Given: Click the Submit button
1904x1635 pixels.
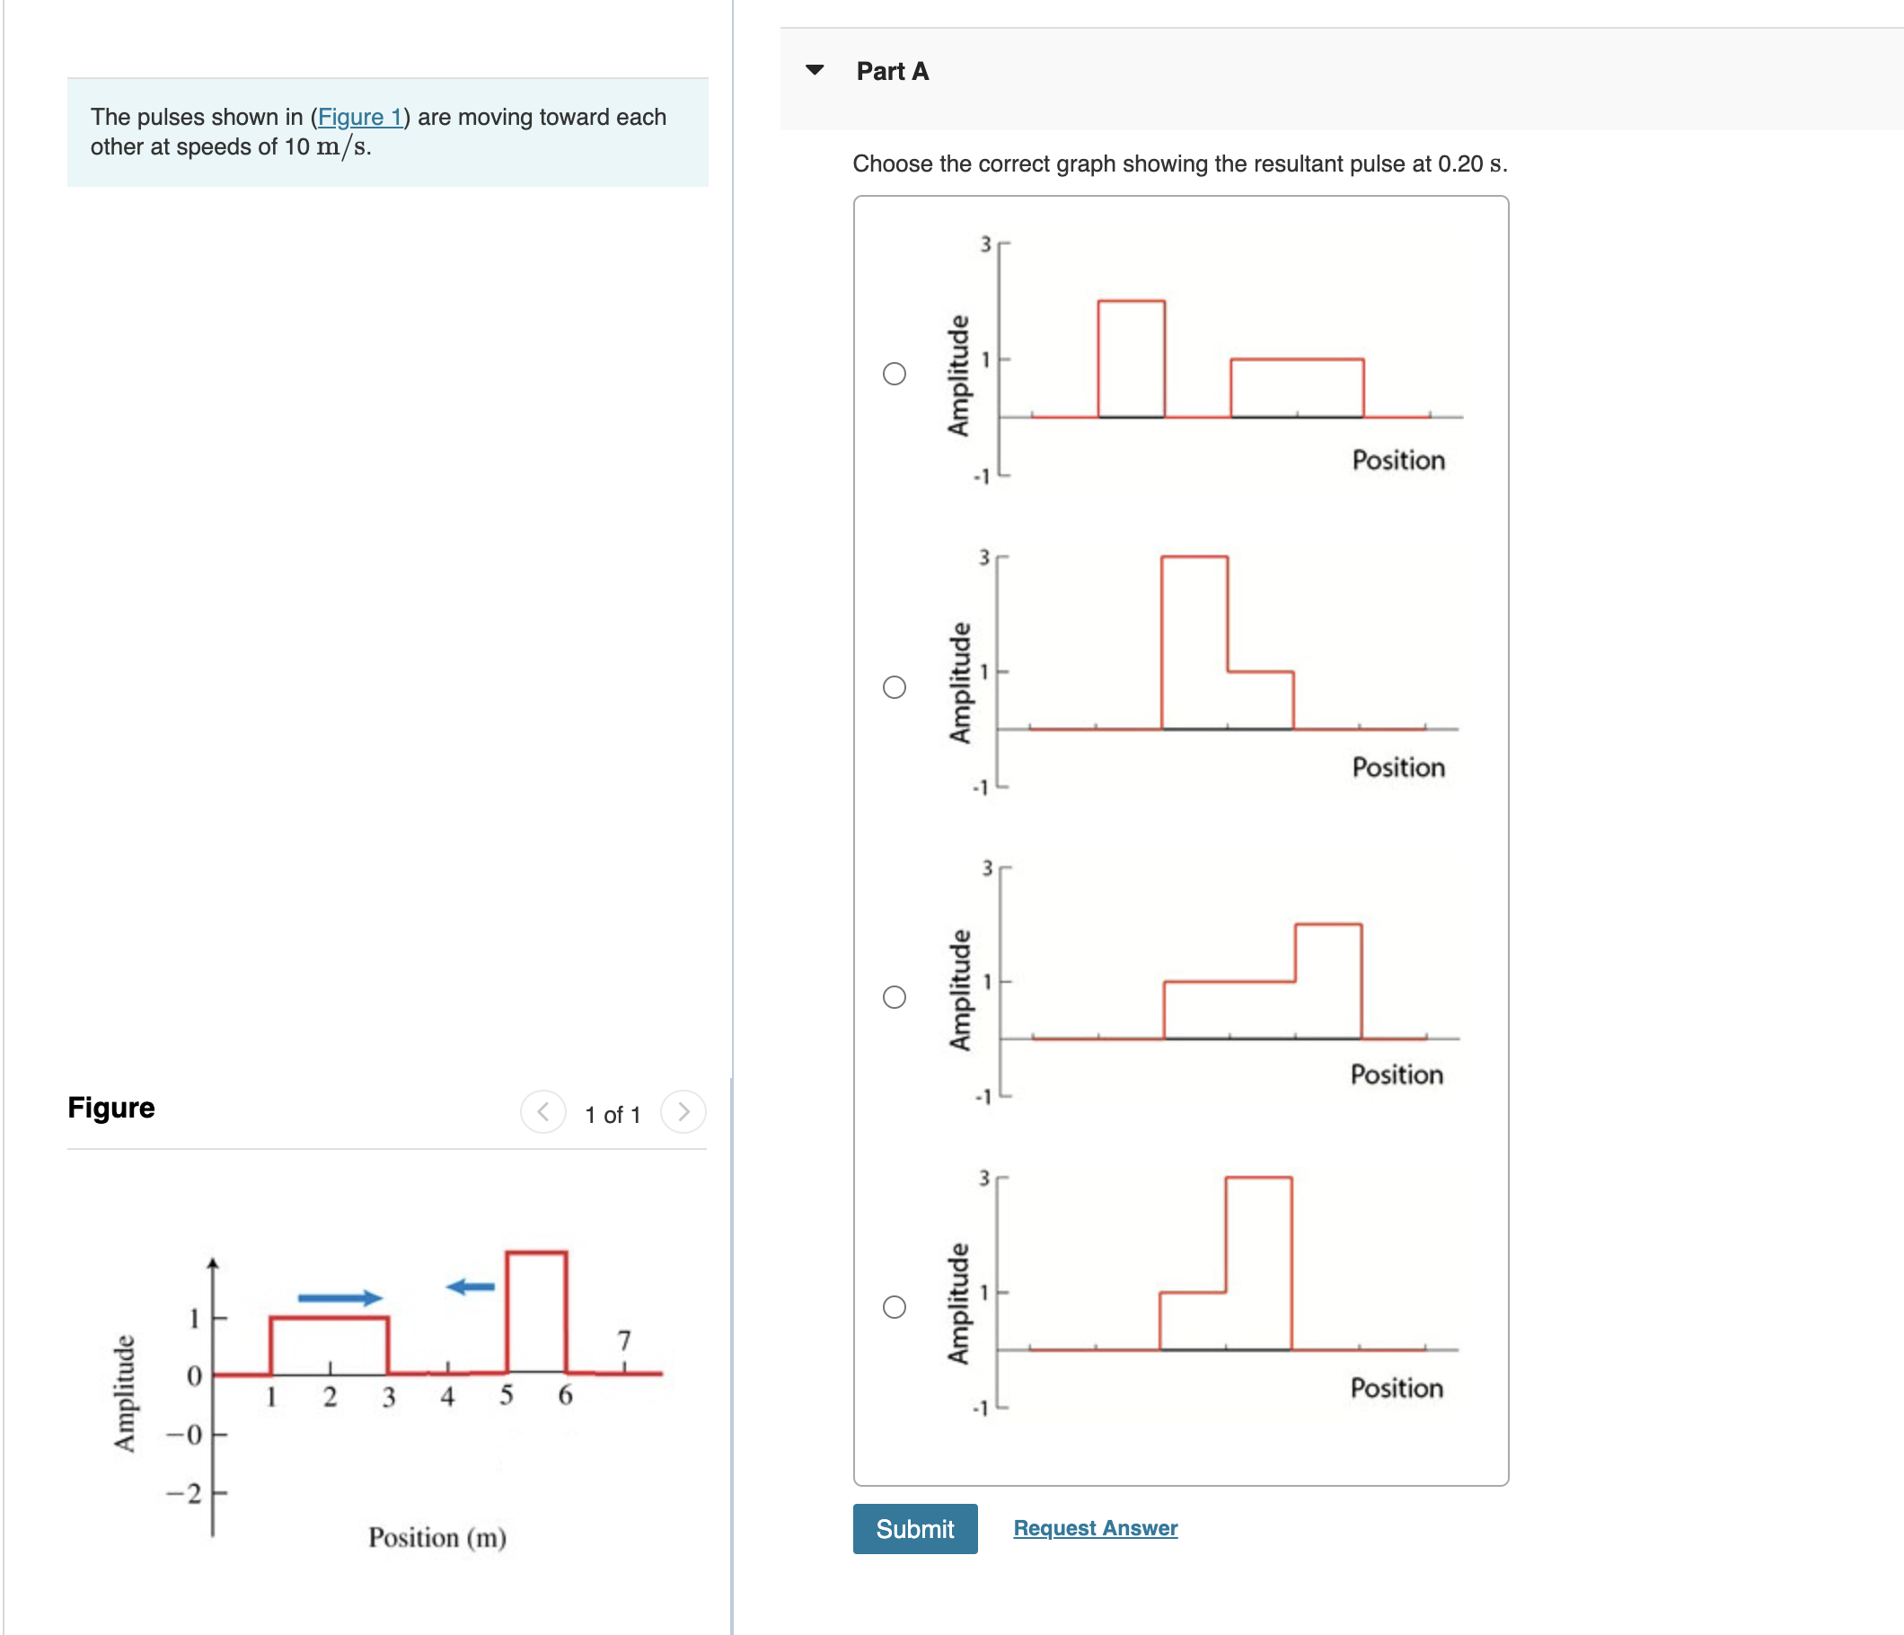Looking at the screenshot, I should pos(914,1528).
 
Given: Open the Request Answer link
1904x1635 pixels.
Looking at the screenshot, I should pos(1095,1527).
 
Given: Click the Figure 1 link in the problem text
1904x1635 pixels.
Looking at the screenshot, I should pos(359,117).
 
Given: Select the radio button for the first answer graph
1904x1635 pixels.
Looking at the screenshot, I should pos(895,373).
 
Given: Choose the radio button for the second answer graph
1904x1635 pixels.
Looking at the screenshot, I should pos(895,686).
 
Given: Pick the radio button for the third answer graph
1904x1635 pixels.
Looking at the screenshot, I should pos(895,997).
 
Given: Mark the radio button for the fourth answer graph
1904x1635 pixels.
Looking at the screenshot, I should pos(895,1307).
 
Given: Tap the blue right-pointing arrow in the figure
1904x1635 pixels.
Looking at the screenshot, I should pos(339,1298).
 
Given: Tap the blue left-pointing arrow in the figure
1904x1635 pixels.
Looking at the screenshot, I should pos(471,1286).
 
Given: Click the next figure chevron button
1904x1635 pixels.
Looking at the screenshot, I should pos(683,1112).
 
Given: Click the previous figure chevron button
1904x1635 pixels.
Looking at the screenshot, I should pos(543,1112).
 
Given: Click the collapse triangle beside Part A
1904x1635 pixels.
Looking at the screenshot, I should pos(815,70).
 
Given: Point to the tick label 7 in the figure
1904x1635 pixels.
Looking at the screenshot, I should pos(624,1340).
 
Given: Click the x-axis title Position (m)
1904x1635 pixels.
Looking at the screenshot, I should pos(437,1537).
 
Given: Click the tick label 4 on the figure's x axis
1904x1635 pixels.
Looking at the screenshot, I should pos(447,1397).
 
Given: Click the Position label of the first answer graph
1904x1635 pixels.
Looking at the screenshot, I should pos(1397,460).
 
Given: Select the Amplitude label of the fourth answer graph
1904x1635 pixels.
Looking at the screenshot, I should pos(958,1304).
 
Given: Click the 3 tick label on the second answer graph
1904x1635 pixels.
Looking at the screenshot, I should pos(984,558).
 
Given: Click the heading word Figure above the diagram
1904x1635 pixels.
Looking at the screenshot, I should pos(111,1108).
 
